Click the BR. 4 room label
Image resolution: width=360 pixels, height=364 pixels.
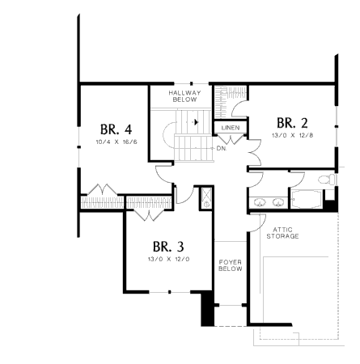point(116,129)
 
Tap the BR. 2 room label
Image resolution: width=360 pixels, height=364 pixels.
point(292,123)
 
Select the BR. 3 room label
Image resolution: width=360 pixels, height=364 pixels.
point(168,247)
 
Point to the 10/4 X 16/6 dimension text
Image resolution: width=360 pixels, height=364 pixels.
point(116,142)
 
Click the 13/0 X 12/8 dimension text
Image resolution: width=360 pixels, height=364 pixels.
point(293,135)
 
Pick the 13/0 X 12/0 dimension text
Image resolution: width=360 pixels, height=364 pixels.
point(169,259)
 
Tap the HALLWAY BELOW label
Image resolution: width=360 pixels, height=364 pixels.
point(184,96)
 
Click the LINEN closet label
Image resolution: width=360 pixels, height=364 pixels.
point(231,128)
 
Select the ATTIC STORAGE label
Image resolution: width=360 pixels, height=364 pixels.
point(282,233)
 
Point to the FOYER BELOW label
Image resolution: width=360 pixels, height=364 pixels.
point(231,265)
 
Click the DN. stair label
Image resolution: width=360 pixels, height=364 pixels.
point(222,149)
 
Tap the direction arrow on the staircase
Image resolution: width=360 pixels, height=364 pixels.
point(196,122)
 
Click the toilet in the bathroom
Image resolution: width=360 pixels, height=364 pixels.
point(327,180)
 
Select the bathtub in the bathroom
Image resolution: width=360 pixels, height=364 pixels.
point(307,200)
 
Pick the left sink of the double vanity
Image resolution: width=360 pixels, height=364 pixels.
point(260,202)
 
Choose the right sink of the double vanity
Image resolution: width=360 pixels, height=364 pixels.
point(278,202)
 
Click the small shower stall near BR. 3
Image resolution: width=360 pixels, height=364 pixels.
point(207,198)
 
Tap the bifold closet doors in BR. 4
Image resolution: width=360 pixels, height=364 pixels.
point(103,189)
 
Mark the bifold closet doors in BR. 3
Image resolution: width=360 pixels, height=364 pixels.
point(149,215)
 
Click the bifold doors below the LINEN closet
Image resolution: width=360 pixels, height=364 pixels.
point(231,139)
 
